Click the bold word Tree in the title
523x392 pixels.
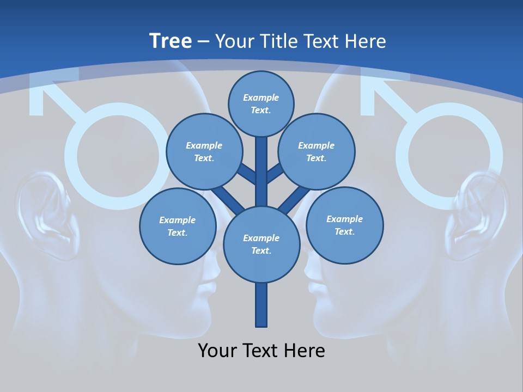[171, 41]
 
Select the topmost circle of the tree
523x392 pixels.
[261, 103]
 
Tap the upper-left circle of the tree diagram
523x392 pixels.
[204, 152]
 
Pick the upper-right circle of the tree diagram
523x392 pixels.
[317, 152]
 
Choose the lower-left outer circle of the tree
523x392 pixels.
[178, 226]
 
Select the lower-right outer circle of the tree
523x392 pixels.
[345, 225]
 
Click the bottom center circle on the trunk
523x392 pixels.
[261, 244]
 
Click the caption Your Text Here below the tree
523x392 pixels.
[261, 350]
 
